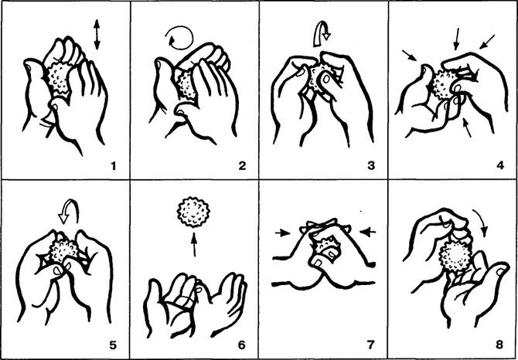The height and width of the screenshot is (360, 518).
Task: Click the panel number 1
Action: [114, 165]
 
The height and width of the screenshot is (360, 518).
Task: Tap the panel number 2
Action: [242, 165]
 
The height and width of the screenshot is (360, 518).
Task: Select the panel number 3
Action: [371, 165]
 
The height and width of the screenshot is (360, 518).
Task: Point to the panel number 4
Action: [499, 165]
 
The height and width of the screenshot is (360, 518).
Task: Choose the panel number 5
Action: [113, 345]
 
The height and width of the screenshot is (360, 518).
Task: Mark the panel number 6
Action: [241, 345]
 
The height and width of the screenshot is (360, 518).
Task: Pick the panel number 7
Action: [370, 345]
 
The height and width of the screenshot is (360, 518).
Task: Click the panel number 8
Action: [499, 345]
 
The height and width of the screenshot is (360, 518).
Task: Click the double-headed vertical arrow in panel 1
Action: [97, 34]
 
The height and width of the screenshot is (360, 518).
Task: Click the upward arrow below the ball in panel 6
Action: [194, 244]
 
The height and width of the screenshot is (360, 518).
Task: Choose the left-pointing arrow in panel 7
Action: [368, 233]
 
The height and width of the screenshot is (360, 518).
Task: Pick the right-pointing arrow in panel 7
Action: [283, 233]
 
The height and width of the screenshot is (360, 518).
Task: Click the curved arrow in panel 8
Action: [482, 222]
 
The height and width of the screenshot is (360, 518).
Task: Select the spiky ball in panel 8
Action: [457, 255]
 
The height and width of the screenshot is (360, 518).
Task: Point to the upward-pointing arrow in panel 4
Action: [467, 128]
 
